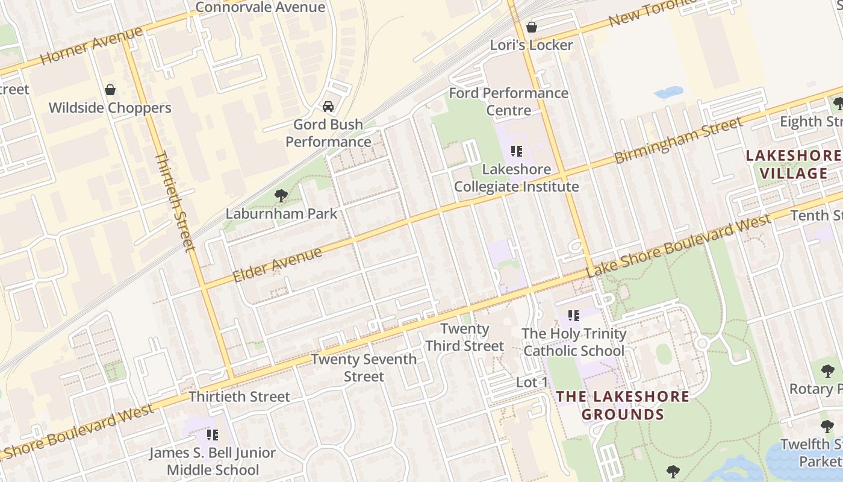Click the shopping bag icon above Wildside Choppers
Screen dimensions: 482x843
tap(110, 90)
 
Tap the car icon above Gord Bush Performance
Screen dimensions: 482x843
tap(328, 107)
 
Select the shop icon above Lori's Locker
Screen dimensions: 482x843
tap(531, 27)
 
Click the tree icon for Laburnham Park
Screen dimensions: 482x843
tap(281, 195)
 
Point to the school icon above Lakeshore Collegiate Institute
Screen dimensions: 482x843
tap(516, 151)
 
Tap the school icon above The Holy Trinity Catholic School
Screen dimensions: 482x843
tap(574, 315)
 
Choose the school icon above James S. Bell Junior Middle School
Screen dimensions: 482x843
tap(212, 434)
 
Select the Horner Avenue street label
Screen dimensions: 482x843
tap(92, 46)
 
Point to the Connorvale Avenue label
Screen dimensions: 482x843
tap(260, 7)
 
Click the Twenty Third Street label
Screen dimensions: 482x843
tap(464, 337)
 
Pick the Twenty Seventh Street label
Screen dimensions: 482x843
tap(364, 368)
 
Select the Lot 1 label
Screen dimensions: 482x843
tap(532, 382)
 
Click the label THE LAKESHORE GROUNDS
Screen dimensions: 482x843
tap(623, 405)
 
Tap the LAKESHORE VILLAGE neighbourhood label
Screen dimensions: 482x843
tap(794, 164)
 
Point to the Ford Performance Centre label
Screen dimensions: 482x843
tap(509, 102)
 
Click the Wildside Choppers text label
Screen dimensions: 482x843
tap(110, 108)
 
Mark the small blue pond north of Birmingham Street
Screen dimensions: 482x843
tap(668, 93)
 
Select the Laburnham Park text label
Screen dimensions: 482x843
tap(281, 213)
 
